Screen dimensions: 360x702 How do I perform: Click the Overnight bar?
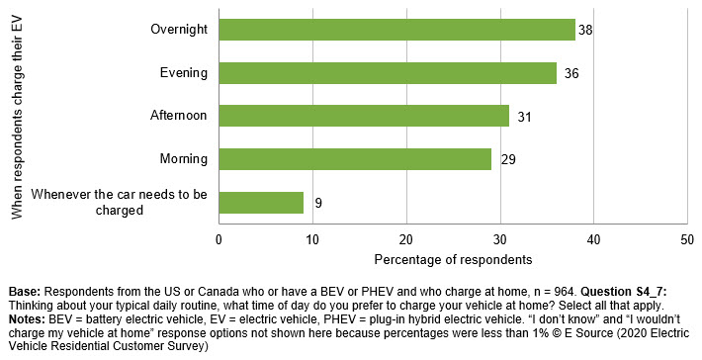(396, 29)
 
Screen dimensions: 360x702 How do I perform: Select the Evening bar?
(388, 72)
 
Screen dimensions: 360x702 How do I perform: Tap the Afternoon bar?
(364, 116)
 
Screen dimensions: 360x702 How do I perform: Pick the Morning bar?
(355, 159)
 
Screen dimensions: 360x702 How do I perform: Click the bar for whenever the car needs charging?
(261, 203)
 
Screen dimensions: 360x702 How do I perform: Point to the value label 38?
(584, 30)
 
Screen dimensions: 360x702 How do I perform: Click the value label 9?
(318, 204)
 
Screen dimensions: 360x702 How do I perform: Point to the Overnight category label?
(178, 29)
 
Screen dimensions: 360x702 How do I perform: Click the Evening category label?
(183, 72)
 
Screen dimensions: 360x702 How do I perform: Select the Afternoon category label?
(178, 116)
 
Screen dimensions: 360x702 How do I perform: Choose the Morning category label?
(183, 159)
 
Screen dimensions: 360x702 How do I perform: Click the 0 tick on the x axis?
(219, 239)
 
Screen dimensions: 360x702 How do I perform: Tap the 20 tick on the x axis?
(406, 239)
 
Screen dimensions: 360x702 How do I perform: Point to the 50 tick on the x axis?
(687, 239)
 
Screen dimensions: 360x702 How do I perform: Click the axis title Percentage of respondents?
(453, 259)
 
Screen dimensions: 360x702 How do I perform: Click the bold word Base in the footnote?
(25, 292)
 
